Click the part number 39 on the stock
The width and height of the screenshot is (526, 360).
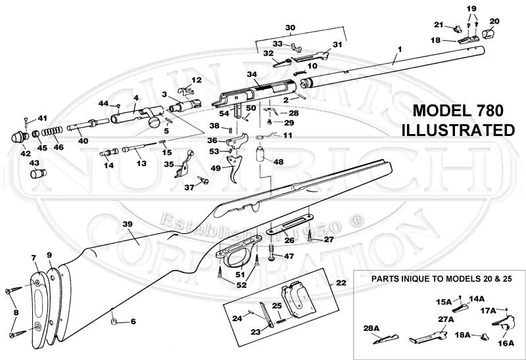[128, 225]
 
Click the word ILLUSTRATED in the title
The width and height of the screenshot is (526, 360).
[458, 130]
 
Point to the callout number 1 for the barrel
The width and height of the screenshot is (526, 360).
[398, 50]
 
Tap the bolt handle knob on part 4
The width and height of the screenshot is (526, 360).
[155, 120]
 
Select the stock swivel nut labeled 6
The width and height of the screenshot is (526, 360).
[113, 322]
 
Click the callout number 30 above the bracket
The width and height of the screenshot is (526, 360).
[291, 28]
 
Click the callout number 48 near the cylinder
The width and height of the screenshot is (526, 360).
[278, 161]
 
